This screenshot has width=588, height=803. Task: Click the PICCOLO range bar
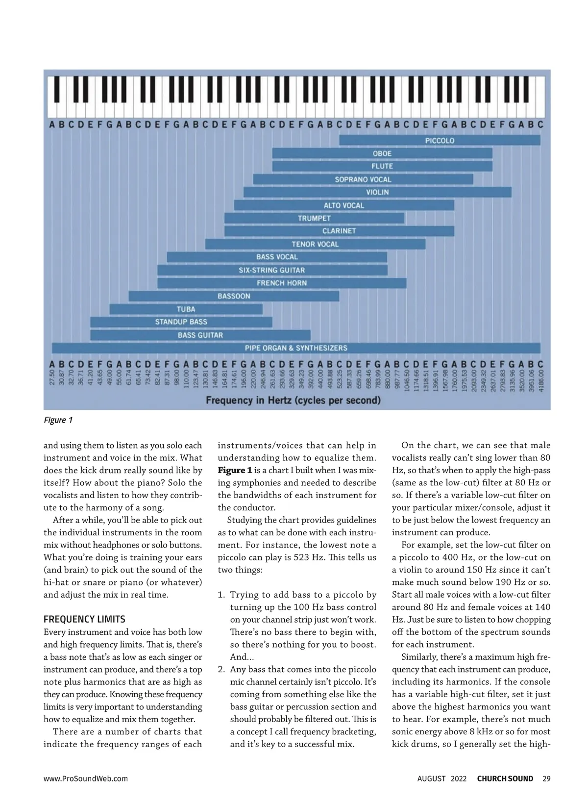tap(440, 141)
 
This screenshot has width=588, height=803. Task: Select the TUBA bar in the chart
tap(186, 309)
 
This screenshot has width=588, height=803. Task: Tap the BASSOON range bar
tap(234, 296)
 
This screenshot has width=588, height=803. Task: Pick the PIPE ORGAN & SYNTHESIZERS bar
tap(296, 348)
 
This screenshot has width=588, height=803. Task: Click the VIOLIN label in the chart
tap(377, 192)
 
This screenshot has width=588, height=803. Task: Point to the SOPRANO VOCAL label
tap(363, 179)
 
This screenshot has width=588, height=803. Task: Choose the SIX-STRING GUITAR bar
tap(272, 270)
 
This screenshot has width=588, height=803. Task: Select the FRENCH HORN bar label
tap(282, 283)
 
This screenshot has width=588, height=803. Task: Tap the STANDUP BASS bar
tap(181, 322)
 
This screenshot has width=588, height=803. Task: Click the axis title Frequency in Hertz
tap(293, 401)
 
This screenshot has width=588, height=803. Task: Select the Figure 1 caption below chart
tap(58, 420)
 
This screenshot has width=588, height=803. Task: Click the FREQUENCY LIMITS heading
tap(84, 619)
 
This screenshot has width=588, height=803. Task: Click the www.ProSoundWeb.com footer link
tap(85, 778)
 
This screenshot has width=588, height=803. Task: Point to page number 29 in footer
tap(546, 778)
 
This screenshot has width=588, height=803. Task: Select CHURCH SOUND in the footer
tap(505, 778)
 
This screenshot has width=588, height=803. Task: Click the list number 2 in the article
tap(221, 670)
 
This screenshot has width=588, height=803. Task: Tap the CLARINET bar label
tap(339, 231)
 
